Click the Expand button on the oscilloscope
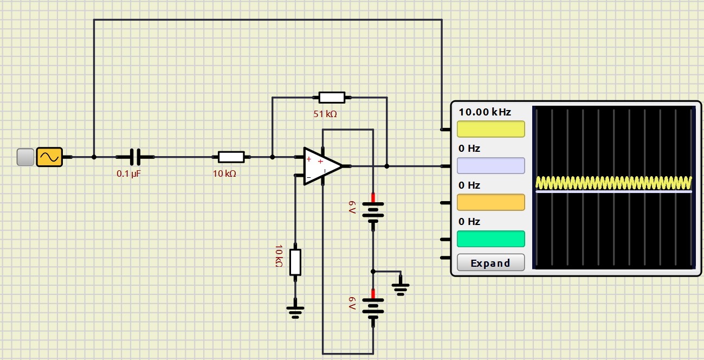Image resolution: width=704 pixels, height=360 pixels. pyautogui.click(x=490, y=262)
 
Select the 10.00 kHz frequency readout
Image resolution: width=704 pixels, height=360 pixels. pyautogui.click(x=485, y=112)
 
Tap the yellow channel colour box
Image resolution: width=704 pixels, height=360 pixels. pyautogui.click(x=490, y=129)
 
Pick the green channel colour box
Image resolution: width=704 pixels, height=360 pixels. pyautogui.click(x=490, y=239)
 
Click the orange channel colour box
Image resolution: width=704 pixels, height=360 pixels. pyautogui.click(x=490, y=202)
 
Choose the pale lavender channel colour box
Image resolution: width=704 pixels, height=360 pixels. pyautogui.click(x=490, y=166)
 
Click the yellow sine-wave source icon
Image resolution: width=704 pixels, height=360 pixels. pyautogui.click(x=49, y=157)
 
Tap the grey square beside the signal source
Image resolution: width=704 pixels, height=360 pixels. pyautogui.click(x=25, y=157)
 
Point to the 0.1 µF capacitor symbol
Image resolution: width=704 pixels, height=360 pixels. pyautogui.click(x=135, y=157)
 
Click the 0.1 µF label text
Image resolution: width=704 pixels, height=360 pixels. pyautogui.click(x=128, y=173)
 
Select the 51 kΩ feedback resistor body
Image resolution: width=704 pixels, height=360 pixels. pyautogui.click(x=332, y=98)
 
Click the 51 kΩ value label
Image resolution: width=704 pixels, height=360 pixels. pyautogui.click(x=325, y=114)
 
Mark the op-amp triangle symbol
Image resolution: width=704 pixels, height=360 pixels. pyautogui.click(x=322, y=166)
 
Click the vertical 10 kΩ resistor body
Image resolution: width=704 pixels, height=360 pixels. pyautogui.click(x=295, y=262)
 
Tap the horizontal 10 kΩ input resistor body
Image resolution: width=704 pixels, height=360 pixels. pyautogui.click(x=231, y=157)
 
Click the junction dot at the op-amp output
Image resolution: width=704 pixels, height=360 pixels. pyautogui.click(x=387, y=166)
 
